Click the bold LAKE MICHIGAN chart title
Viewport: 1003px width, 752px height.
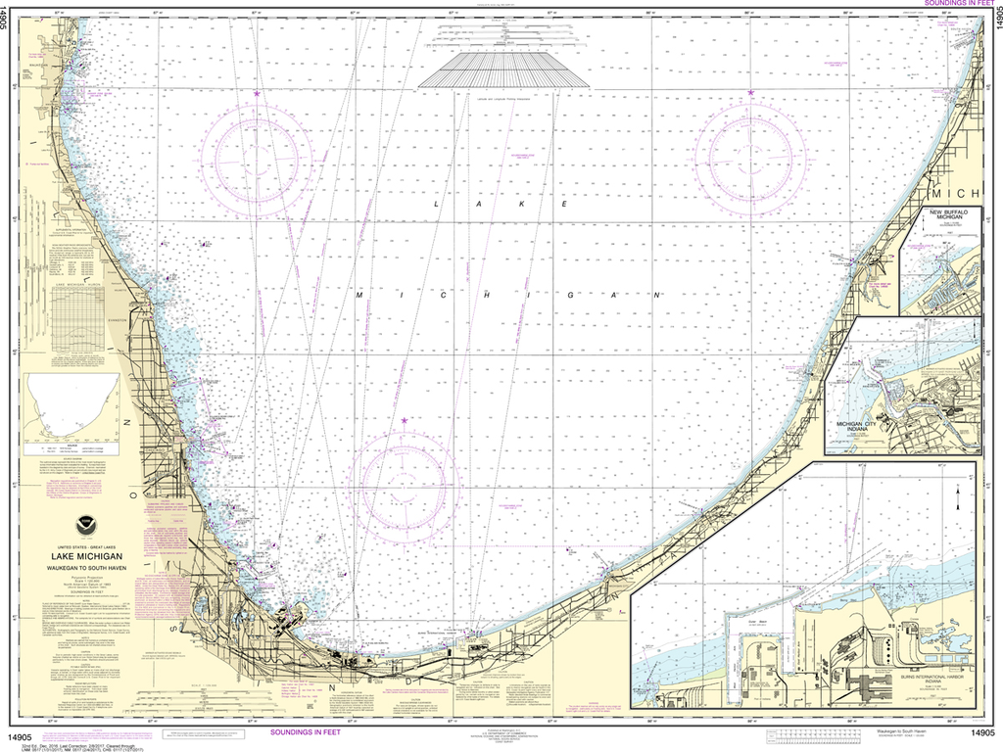87,556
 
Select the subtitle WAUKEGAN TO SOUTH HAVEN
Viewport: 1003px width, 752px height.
87,568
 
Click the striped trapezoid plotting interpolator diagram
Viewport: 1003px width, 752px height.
504,70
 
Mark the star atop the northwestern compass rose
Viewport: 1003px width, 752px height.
257,94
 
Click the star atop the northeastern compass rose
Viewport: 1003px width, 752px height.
750,93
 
